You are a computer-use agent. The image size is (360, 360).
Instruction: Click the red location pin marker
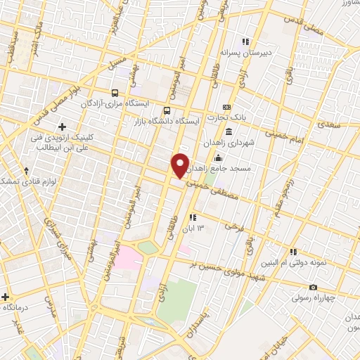[181, 165]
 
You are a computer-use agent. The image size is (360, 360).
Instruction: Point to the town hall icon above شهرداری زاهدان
[229, 131]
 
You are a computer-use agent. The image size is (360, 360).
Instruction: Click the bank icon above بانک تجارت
[227, 105]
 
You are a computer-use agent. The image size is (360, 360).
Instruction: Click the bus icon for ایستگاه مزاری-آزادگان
[115, 92]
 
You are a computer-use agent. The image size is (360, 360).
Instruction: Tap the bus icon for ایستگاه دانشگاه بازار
[167, 110]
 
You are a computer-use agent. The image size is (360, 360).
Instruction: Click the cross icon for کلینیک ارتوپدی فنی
[62, 127]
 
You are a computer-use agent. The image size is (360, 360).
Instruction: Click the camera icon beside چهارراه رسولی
[313, 288]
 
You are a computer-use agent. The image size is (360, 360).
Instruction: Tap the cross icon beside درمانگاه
[6, 297]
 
